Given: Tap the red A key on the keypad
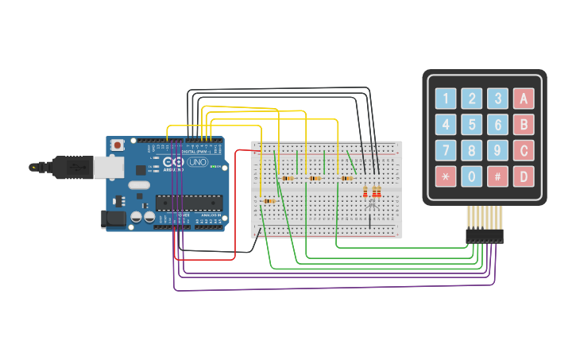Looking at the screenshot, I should (524, 99).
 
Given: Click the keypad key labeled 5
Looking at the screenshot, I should (472, 125).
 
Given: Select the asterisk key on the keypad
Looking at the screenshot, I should (446, 176).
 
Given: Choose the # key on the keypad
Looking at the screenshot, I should (497, 176).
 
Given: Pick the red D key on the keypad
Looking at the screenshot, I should (524, 176).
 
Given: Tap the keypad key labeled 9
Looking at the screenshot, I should (497, 150).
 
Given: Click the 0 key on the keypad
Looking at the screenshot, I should (472, 176).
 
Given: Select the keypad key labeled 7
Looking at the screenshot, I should (446, 150).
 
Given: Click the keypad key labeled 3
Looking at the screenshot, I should (497, 99).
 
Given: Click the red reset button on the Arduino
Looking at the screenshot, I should (118, 145).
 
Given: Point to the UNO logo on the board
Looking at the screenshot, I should (196, 162).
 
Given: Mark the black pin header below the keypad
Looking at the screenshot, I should (485, 235).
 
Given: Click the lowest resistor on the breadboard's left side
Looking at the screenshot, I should (270, 201).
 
